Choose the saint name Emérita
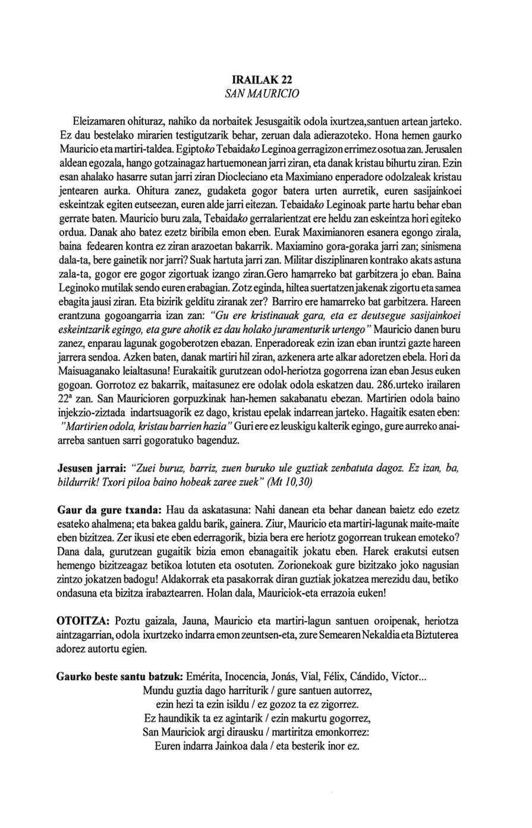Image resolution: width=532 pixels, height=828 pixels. pos(205,678)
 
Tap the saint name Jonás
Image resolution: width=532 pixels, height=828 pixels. pos(288,678)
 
